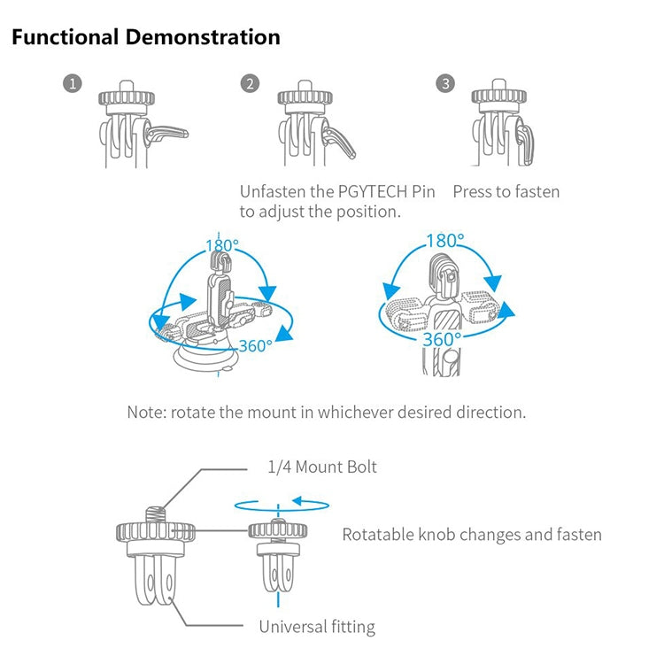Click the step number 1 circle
[73, 84]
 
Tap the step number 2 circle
[251, 84]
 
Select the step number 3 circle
[444, 84]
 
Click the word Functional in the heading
[65, 37]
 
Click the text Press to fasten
[506, 191]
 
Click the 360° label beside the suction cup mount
[255, 345]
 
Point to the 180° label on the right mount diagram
[444, 241]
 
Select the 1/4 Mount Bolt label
[322, 467]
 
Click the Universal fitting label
[316, 627]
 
